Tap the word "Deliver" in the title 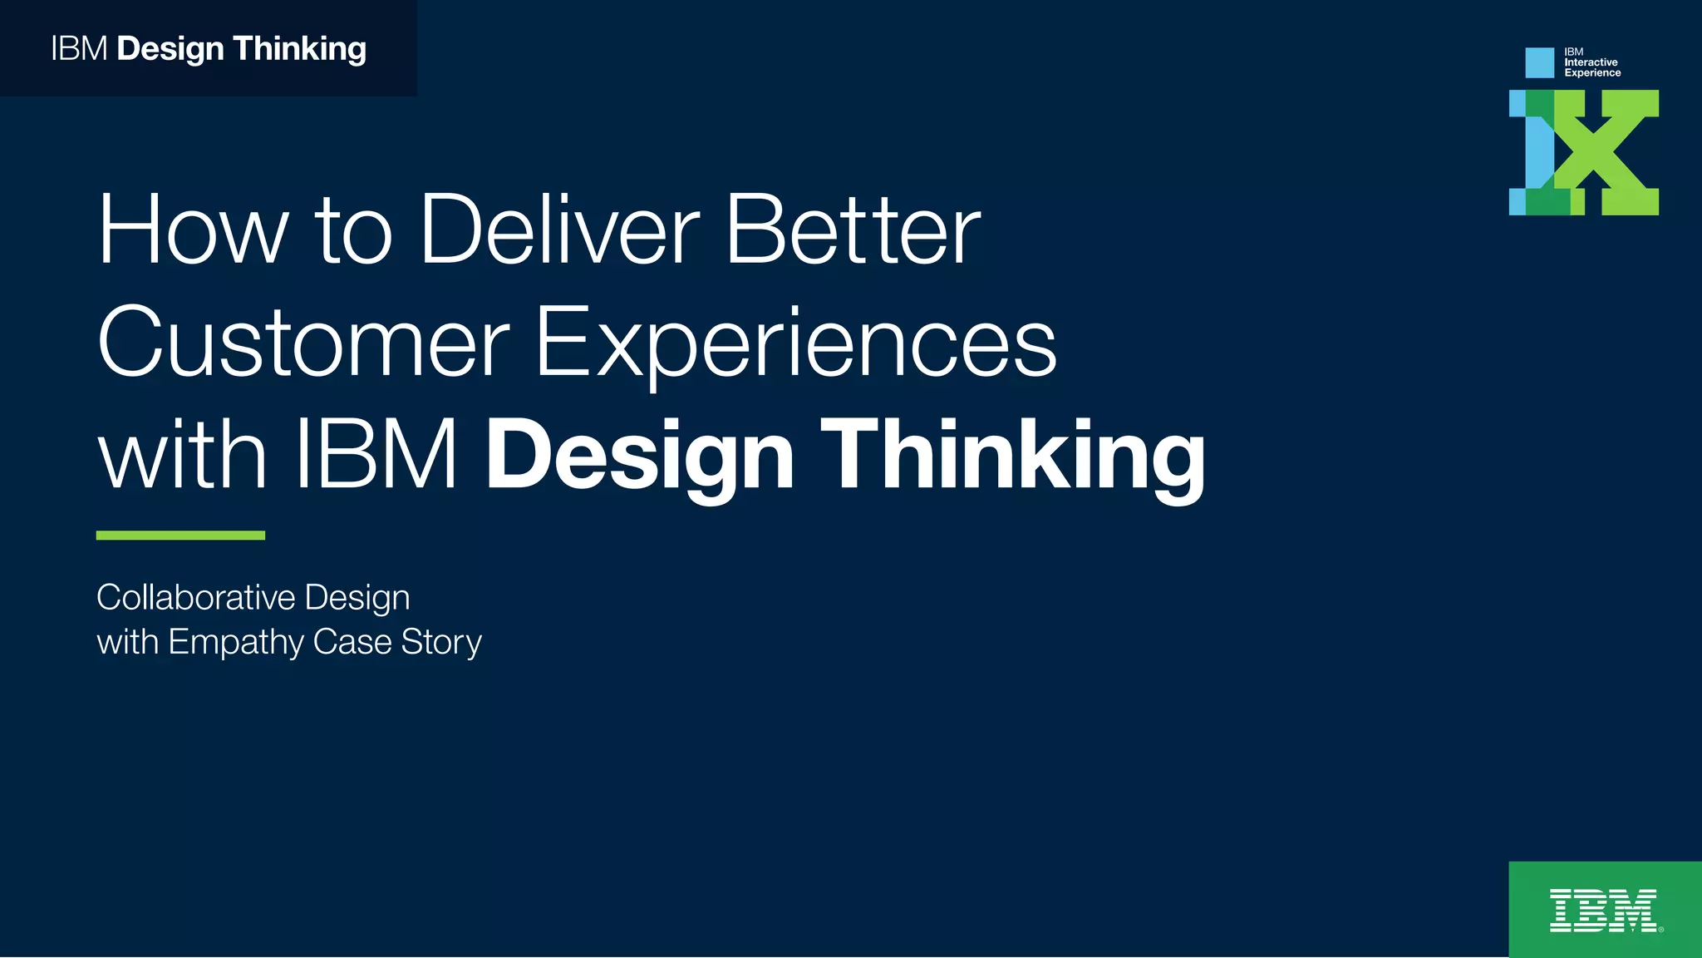pyautogui.click(x=559, y=230)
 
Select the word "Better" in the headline pyautogui.click(x=853, y=230)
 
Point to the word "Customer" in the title pyautogui.click(x=303, y=343)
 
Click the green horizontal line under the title pyautogui.click(x=180, y=536)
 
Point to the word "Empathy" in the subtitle pyautogui.click(x=236, y=643)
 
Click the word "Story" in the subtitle pyautogui.click(x=441, y=643)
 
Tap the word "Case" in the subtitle pyautogui.click(x=352, y=642)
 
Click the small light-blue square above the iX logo pyautogui.click(x=1539, y=62)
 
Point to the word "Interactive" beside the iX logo pyautogui.click(x=1591, y=62)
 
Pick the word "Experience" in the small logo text pyautogui.click(x=1592, y=73)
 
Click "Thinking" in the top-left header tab pyautogui.click(x=299, y=49)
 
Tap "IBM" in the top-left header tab pyautogui.click(x=79, y=49)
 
